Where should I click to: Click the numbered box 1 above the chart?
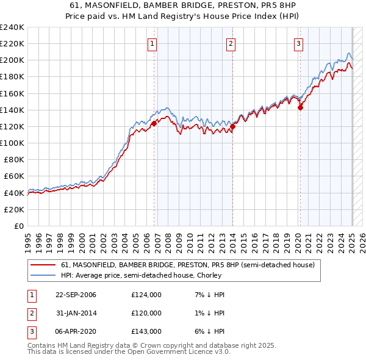152,43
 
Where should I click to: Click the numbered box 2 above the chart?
232,43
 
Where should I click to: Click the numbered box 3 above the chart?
298,43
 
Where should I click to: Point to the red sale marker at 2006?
154,123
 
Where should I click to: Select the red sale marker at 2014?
232,127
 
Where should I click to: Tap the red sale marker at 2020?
300,107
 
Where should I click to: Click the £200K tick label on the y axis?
12,60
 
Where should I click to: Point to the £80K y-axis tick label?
14,159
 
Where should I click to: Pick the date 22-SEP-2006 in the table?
76,295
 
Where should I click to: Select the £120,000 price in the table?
146,313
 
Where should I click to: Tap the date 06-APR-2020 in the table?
76,331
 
